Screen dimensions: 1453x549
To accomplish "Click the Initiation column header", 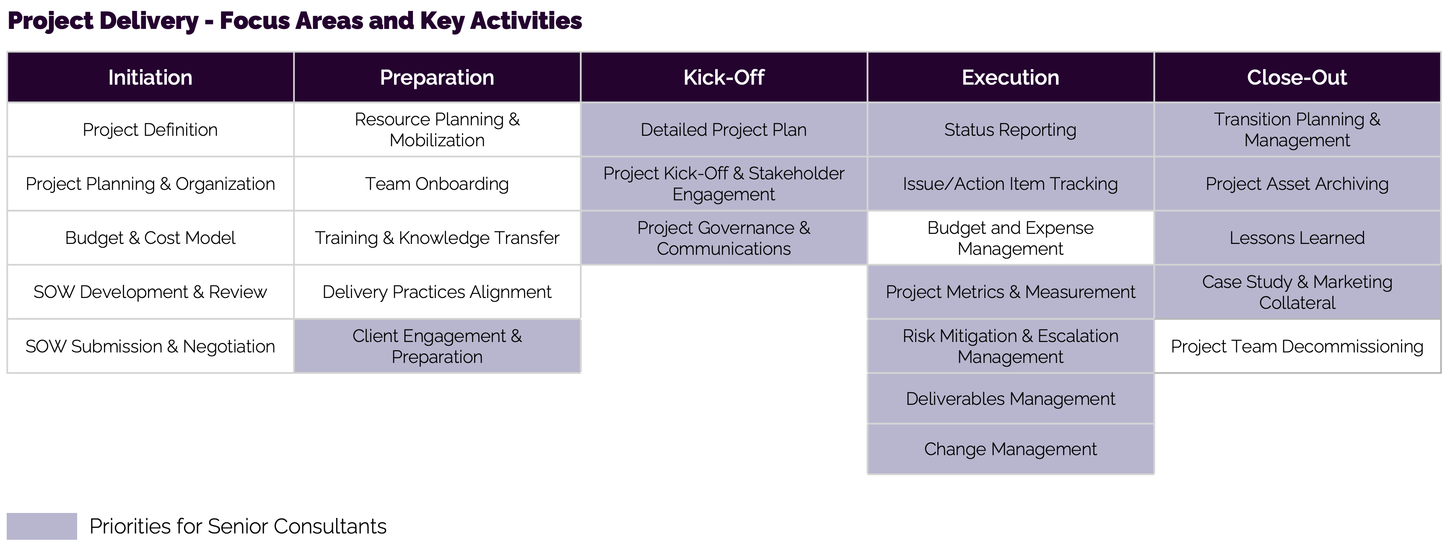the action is pos(150,77).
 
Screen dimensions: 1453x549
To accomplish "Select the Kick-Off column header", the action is pos(724,77).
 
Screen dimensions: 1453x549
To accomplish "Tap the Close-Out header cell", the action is pos(1297,77).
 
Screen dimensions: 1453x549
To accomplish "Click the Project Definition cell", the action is pos(150,129).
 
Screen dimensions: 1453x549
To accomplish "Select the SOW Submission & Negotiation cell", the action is pos(150,346).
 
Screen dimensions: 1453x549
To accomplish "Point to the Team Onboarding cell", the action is pos(437,184).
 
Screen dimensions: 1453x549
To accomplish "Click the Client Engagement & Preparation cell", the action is pos(437,346).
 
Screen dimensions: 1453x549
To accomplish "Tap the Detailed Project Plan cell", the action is pos(724,129).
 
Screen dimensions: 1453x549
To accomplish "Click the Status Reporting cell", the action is pos(1010,129).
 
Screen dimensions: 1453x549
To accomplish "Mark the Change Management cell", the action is pos(1010,449).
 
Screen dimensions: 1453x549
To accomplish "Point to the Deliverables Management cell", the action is pos(1010,399).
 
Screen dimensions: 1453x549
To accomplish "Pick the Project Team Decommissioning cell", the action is pos(1297,346).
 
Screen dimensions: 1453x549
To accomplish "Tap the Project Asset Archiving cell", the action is pos(1297,184).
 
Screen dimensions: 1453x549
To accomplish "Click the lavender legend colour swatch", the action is pos(42,526).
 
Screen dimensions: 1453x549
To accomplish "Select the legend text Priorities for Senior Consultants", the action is pos(238,526).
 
